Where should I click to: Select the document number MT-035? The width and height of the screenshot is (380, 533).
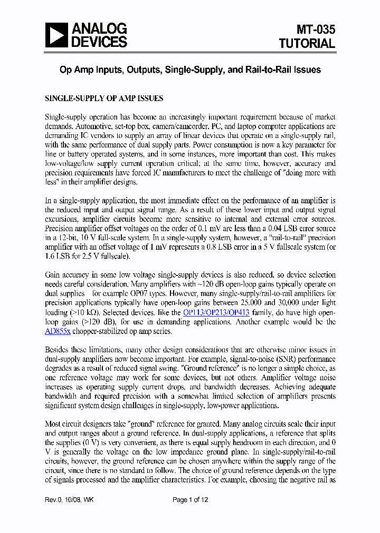[315, 29]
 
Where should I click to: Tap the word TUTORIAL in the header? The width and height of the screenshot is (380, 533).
[307, 44]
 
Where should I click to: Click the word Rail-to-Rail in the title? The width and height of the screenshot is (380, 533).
[270, 70]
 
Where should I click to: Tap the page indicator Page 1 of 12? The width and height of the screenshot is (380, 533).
[191, 500]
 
